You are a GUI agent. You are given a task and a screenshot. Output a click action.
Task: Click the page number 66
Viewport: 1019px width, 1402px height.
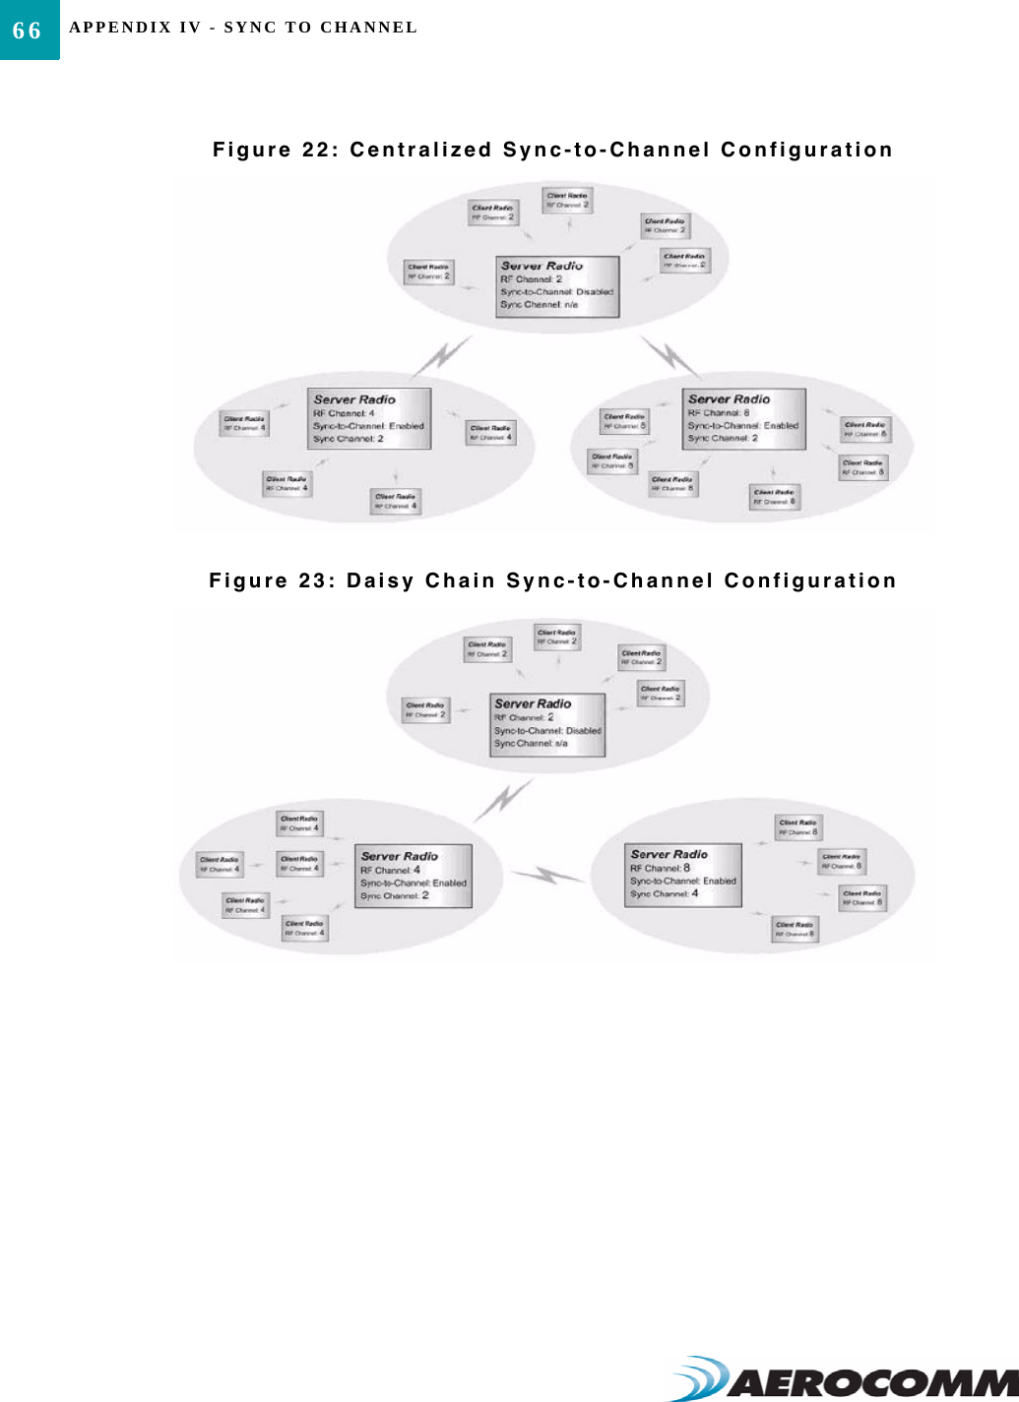click(28, 30)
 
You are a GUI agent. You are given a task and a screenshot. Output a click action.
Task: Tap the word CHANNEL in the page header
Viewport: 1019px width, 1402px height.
click(369, 28)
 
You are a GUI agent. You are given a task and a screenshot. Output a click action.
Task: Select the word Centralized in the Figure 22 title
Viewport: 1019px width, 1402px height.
click(420, 150)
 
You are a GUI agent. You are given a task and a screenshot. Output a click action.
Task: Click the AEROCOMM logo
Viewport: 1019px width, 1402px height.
click(847, 1379)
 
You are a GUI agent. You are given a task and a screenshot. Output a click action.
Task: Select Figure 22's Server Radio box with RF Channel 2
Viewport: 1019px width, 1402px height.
click(557, 286)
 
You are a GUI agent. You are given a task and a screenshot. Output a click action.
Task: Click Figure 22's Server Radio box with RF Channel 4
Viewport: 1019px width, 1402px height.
click(369, 419)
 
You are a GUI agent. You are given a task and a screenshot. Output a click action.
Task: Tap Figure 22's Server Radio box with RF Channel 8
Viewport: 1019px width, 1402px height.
click(744, 419)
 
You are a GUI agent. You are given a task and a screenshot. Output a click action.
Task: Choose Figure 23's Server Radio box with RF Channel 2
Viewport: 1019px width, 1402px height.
click(547, 725)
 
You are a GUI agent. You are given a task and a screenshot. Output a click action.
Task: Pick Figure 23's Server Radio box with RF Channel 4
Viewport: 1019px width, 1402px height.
click(414, 876)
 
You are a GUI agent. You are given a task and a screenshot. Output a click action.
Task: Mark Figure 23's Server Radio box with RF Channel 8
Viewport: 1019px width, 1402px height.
click(683, 875)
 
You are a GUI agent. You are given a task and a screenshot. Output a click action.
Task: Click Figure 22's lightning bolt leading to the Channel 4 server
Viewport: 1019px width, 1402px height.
click(443, 355)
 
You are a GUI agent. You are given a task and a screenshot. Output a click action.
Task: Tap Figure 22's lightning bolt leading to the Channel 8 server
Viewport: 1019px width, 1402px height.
click(671, 356)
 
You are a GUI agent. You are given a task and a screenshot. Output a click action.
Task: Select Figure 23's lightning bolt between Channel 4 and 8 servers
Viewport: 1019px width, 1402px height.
click(547, 875)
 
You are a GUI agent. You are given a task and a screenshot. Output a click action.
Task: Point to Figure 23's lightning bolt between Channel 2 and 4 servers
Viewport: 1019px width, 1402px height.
click(503, 799)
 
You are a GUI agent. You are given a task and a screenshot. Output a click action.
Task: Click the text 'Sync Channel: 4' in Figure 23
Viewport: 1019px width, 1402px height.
click(664, 894)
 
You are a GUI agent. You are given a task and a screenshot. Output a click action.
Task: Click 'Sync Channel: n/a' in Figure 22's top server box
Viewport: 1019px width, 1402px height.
click(539, 305)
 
